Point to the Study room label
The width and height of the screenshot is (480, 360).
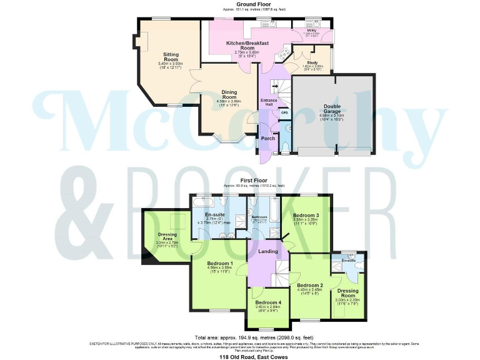tap(312, 62)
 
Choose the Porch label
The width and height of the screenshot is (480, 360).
tap(268, 139)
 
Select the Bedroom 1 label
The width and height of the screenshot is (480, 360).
tap(219, 263)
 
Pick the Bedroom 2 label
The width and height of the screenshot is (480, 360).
tap(309, 286)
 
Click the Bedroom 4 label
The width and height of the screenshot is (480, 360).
tap(268, 302)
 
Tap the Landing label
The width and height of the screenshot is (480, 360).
tap(267, 252)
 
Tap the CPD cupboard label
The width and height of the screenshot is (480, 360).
tap(284, 113)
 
